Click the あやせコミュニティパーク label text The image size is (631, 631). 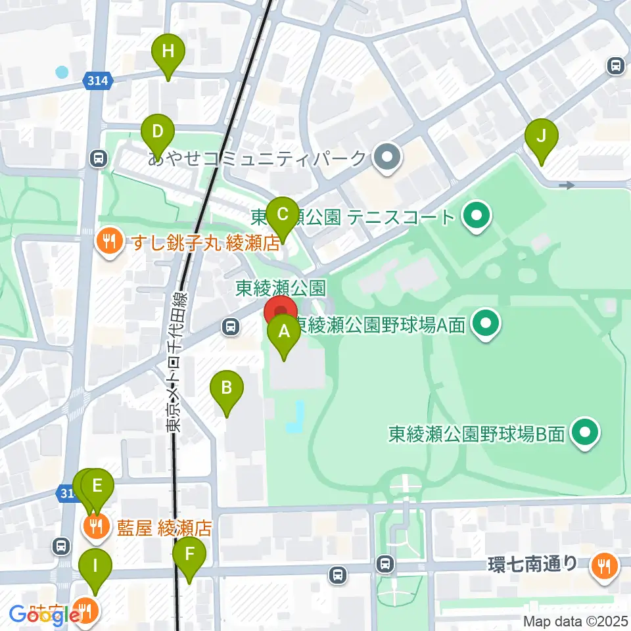[257, 158]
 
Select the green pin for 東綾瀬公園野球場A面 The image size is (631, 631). [486, 323]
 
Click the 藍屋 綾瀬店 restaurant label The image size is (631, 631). [165, 527]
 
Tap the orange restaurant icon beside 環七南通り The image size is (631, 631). [603, 565]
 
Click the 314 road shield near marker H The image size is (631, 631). [98, 81]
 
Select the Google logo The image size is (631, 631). [39, 616]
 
